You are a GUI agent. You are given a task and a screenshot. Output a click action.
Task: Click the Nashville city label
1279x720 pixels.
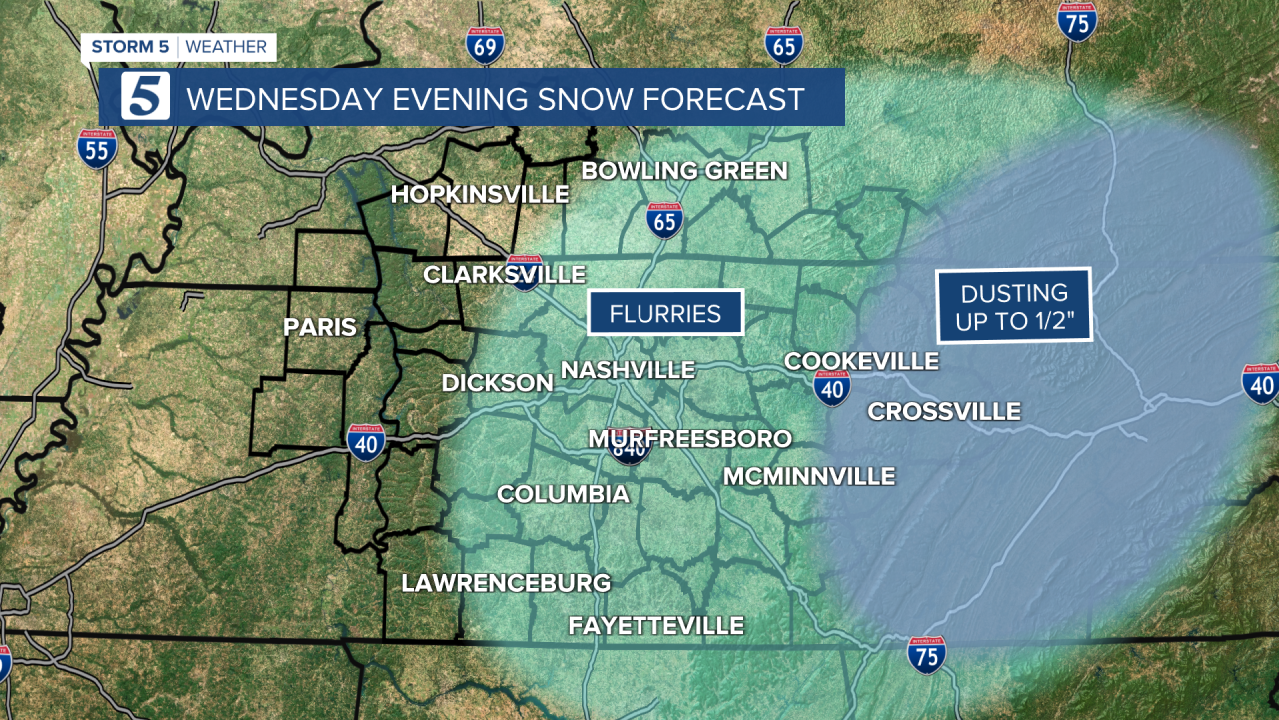[628, 370]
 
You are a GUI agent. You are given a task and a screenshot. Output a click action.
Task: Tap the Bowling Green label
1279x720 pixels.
[684, 171]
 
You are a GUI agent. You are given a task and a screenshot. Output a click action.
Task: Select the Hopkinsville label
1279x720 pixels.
[480, 195]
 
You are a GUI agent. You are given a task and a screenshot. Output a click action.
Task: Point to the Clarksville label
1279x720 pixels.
[504, 275]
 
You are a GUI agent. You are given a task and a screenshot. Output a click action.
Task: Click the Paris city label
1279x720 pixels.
[320, 327]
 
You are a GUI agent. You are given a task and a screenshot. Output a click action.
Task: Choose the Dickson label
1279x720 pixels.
[498, 383]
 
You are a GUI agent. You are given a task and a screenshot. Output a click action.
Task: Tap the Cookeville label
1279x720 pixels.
[861, 361]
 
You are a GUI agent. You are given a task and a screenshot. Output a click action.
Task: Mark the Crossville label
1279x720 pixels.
[944, 411]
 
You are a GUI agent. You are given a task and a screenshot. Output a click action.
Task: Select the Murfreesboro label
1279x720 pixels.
[689, 439]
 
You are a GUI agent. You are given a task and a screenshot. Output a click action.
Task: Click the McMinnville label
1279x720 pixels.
[809, 477]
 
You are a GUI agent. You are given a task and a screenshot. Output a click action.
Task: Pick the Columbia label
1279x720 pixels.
[563, 494]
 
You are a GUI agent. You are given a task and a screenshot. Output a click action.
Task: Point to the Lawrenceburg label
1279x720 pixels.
[506, 583]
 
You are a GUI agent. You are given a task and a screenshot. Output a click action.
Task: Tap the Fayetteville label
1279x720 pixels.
[656, 626]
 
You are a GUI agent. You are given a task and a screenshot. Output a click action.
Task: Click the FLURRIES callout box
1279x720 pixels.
[665, 313]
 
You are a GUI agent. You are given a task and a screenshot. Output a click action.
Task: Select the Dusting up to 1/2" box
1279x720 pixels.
[1013, 306]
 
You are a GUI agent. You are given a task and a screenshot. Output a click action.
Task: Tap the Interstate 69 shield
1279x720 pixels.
[485, 45]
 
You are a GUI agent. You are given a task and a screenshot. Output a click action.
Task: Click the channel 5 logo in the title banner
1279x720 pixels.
[145, 98]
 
